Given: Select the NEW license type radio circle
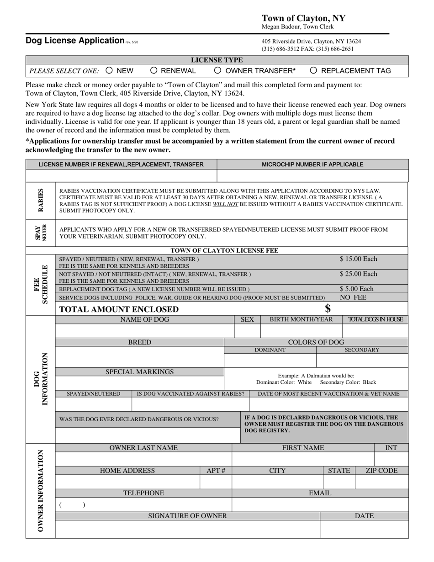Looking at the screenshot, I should click(x=109, y=70).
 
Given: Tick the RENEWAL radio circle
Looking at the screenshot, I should click(x=154, y=70).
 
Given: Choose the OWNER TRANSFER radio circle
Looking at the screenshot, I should click(x=218, y=70).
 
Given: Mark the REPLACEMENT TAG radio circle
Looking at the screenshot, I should click(x=313, y=70).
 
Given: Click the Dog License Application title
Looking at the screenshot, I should click(x=75, y=40).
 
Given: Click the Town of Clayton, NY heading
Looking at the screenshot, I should click(x=303, y=18).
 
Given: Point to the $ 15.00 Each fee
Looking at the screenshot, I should click(x=358, y=259).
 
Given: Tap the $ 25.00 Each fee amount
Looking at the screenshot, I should click(x=358, y=274).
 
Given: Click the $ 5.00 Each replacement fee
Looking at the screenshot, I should click(x=356, y=289).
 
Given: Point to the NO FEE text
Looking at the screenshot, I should click(x=353, y=297).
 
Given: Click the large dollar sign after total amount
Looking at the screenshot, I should click(x=328, y=309).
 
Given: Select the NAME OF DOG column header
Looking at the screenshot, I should click(x=144, y=319).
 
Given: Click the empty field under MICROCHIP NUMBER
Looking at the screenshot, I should click(x=312, y=175).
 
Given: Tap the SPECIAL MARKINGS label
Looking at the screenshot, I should click(x=139, y=372).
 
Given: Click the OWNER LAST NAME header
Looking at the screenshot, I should click(x=143, y=448).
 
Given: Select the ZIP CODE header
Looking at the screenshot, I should click(x=381, y=471).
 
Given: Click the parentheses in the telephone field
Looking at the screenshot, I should click(x=72, y=505).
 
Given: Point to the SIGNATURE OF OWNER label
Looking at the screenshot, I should click(x=187, y=516).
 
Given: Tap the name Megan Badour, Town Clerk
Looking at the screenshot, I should click(x=297, y=27).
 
